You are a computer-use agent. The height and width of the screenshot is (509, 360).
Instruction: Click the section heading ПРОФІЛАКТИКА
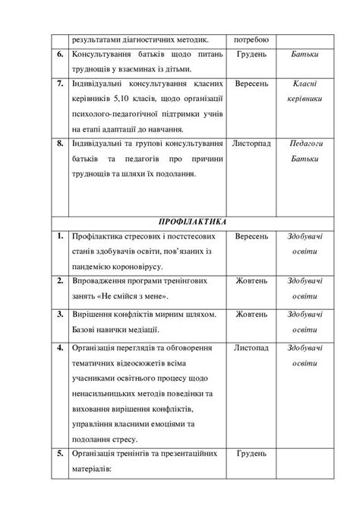(x=191, y=223)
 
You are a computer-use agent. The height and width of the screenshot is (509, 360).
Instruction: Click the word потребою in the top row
(x=251, y=40)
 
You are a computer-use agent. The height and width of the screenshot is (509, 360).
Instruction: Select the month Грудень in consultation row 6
(x=251, y=55)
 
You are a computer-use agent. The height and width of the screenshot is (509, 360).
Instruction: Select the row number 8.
(x=59, y=143)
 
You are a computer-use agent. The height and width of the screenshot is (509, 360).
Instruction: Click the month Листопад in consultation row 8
(x=251, y=143)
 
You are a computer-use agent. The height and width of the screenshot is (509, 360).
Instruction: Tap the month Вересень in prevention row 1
(x=251, y=237)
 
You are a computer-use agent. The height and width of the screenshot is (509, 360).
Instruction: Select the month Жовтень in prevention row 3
(x=251, y=315)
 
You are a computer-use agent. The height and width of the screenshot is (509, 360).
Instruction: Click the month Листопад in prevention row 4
(x=251, y=349)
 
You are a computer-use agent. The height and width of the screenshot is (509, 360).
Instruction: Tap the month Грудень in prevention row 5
(x=251, y=454)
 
